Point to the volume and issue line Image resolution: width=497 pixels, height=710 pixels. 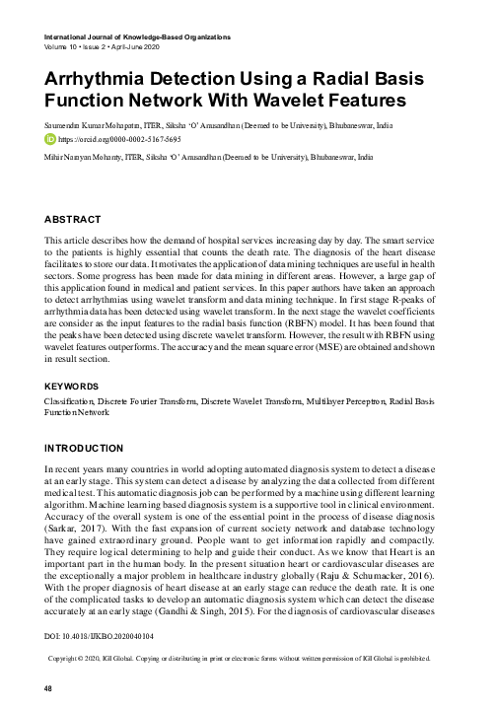coord(103,45)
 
